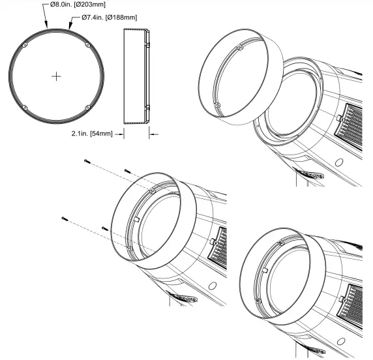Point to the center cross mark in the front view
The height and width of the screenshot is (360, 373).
tap(57, 76)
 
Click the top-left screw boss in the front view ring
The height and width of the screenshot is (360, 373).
tap(24, 45)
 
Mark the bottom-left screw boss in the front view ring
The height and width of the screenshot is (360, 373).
tap(24, 107)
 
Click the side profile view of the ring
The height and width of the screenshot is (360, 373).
tap(136, 76)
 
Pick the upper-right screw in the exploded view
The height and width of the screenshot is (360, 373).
tap(127, 171)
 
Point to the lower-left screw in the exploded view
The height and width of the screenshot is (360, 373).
tap(63, 218)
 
